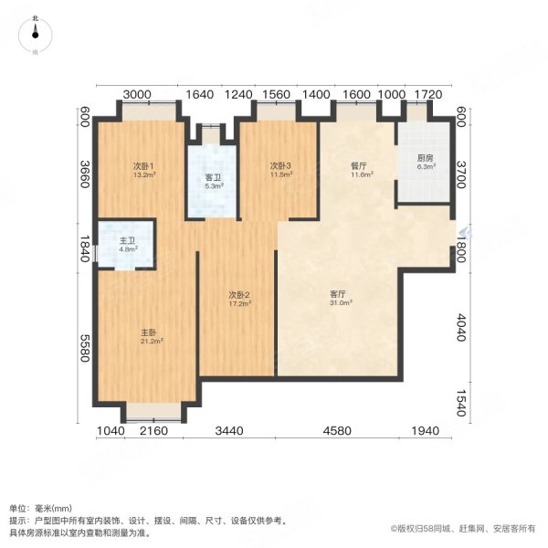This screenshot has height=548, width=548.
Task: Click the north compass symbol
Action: (35, 35)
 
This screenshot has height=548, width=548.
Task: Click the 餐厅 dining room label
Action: (359, 165)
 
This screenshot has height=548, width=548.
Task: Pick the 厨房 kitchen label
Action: (425, 158)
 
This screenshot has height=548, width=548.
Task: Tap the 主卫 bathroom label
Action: (127, 241)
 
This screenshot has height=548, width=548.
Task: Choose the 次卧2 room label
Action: (239, 295)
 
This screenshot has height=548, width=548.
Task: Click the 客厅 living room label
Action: (338, 294)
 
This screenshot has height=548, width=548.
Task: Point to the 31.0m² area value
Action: (341, 303)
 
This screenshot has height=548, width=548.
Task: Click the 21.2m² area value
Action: (152, 341)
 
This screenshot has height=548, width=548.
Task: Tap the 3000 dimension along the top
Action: (137, 94)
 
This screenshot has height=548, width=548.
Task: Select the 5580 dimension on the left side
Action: (86, 348)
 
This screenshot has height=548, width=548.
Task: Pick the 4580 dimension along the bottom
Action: (337, 430)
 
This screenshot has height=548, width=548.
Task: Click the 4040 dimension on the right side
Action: (461, 328)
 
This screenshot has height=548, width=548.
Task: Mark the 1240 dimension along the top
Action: (238, 94)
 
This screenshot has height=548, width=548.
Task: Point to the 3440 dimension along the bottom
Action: (229, 430)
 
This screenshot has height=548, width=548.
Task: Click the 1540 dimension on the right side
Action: (461, 404)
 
